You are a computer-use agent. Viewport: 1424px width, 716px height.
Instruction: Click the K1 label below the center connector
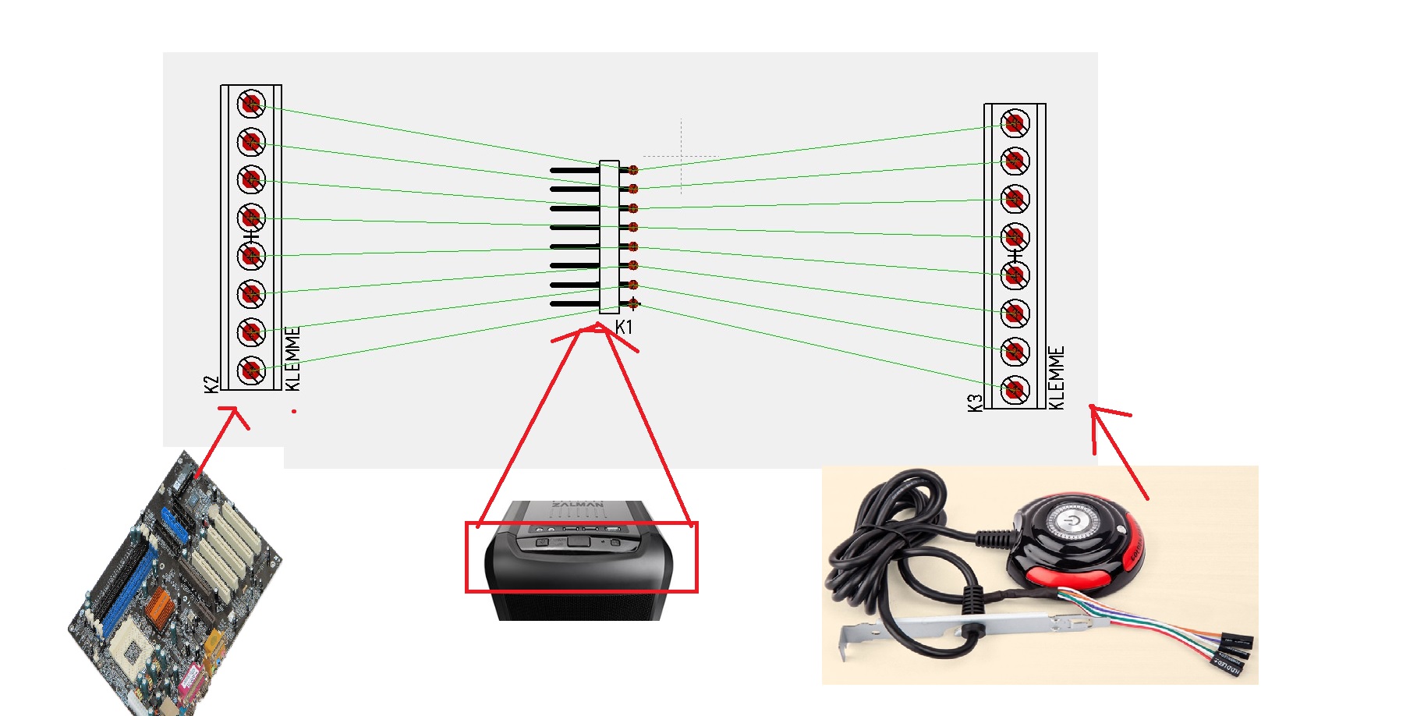point(624,328)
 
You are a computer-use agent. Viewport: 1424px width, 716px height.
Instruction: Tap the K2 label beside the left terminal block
point(211,384)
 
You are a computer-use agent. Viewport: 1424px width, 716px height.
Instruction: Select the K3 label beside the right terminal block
point(975,402)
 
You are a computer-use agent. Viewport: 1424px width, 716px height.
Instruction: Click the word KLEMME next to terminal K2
point(293,359)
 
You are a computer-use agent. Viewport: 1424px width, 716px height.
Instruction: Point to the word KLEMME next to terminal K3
point(1057,377)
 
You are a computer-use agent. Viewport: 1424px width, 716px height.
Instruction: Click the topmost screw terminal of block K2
point(251,103)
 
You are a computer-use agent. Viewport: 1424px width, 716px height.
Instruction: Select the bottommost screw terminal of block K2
point(251,369)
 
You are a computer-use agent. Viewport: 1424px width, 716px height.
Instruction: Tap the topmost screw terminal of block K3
point(1015,122)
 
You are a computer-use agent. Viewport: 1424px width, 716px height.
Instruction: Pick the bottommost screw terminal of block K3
point(1015,388)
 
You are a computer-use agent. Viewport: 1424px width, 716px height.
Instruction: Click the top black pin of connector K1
point(574,170)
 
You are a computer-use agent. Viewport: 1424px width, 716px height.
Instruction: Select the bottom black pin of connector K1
point(574,304)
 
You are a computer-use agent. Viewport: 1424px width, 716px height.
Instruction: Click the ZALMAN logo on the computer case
point(578,505)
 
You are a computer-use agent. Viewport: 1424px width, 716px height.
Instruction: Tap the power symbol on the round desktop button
point(1073,519)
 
